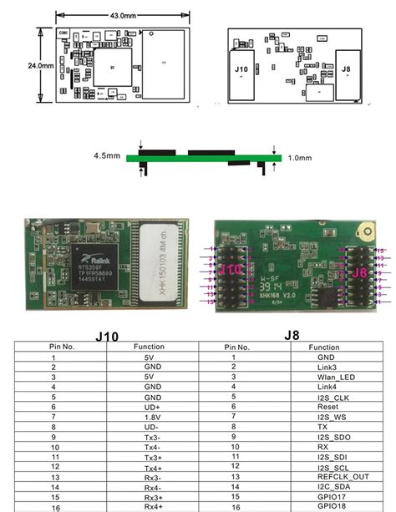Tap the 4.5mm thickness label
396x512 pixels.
109,155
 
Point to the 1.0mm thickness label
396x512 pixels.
300,156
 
